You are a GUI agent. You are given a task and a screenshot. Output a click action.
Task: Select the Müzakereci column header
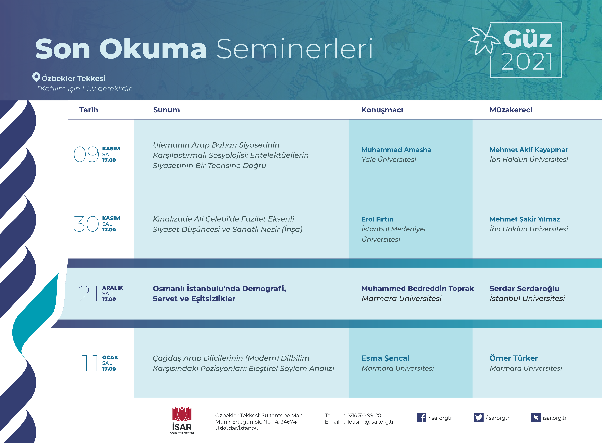(x=511, y=110)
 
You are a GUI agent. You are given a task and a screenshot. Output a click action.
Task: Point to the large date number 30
(x=86, y=224)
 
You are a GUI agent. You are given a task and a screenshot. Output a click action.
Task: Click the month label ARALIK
(x=112, y=288)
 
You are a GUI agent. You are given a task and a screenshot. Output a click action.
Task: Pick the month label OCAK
(x=110, y=357)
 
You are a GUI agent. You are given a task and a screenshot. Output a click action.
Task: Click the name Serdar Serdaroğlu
(x=524, y=289)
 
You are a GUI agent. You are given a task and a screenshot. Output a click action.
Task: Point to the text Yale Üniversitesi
(x=389, y=160)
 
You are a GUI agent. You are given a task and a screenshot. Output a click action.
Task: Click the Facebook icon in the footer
(x=421, y=418)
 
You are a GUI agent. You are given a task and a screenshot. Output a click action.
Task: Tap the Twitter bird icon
(x=479, y=418)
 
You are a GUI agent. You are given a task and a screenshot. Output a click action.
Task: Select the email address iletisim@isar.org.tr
(x=370, y=422)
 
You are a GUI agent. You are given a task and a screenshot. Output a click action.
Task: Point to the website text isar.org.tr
(x=555, y=418)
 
